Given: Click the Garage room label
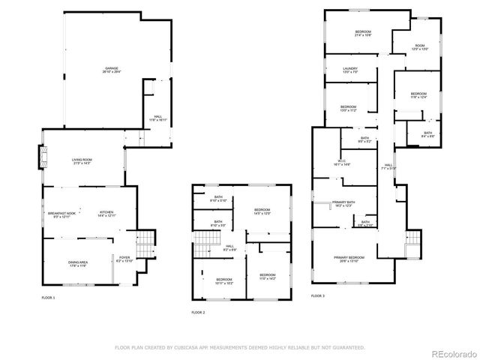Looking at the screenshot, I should [x=111, y=70].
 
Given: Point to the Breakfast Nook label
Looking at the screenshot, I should [x=62, y=214].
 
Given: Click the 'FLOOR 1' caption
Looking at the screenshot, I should [x=48, y=298].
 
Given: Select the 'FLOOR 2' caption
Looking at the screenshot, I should [x=198, y=312].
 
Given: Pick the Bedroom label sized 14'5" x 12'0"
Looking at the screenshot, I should [x=262, y=211].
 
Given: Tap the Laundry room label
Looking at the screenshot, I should [x=349, y=70].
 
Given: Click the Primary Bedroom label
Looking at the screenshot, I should [x=351, y=259].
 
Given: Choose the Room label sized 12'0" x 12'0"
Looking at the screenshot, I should [x=420, y=46].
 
